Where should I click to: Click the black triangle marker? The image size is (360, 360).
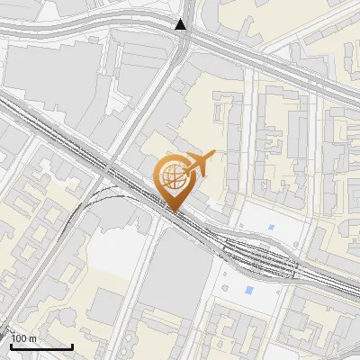click(182, 24)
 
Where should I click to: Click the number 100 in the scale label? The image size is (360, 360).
click(20, 337)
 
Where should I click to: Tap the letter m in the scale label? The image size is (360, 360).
click(33, 337)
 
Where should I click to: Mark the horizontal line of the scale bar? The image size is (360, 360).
click(41, 346)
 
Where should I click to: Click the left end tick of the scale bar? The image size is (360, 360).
click(11, 344)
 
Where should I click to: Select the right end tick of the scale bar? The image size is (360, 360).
click(72, 344)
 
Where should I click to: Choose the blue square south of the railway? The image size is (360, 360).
click(248, 290)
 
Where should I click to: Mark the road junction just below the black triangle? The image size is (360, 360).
click(182, 40)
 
